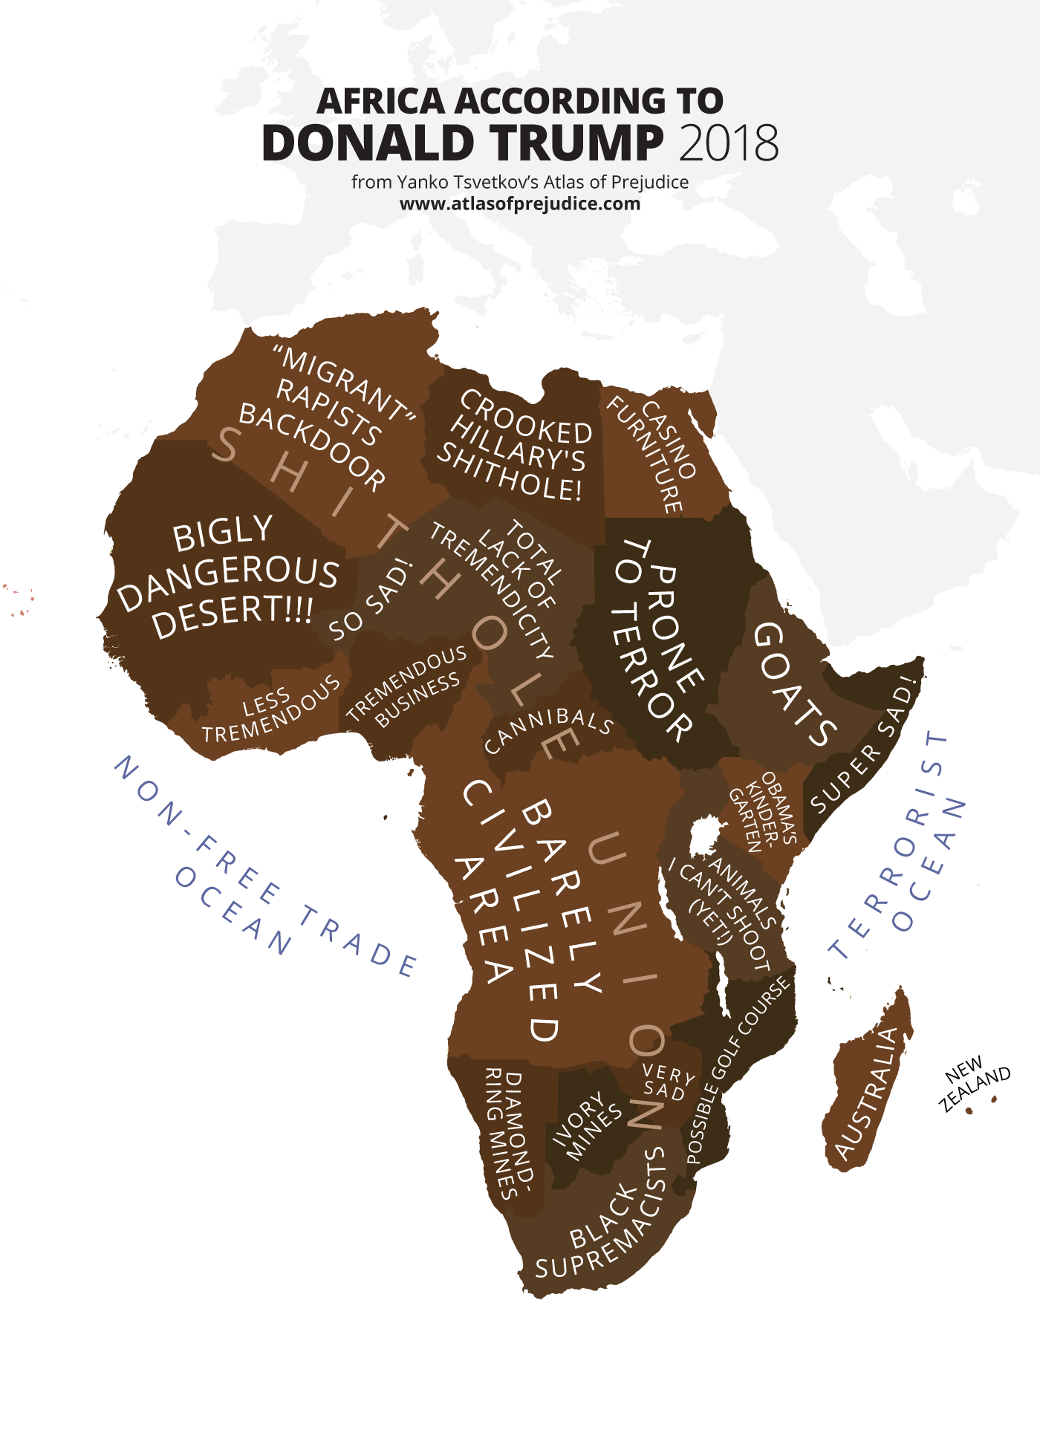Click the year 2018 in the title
pyautogui.click(x=729, y=143)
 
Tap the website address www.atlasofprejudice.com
pyautogui.click(x=520, y=204)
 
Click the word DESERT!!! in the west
pyautogui.click(x=233, y=615)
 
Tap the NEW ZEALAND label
pyautogui.click(x=974, y=1082)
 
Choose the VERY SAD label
pyautogui.click(x=666, y=1082)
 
